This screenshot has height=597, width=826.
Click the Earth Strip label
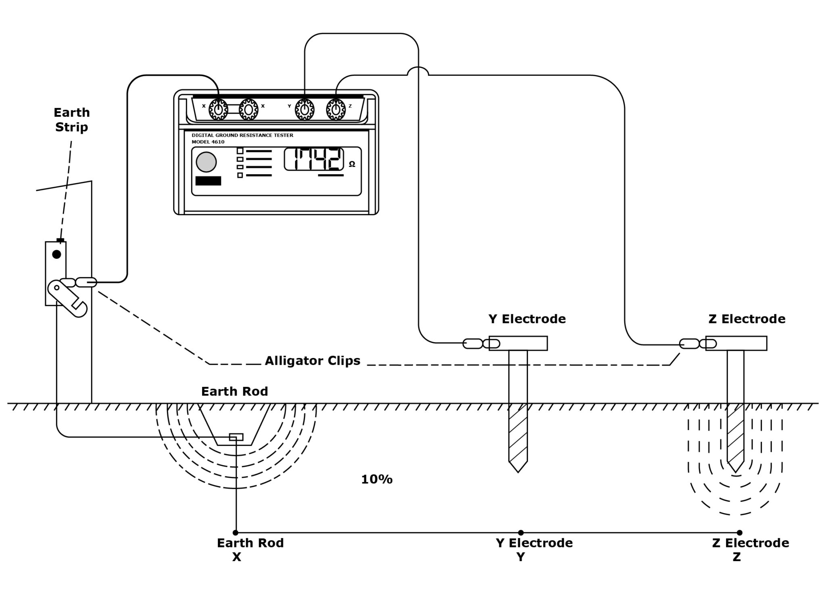click(x=72, y=120)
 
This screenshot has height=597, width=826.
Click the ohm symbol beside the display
click(x=352, y=164)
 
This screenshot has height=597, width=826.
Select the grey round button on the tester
click(x=206, y=162)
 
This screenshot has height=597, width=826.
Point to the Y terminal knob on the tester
click(x=305, y=109)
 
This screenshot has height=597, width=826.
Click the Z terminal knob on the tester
click(x=336, y=109)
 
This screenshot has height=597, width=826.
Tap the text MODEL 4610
click(x=208, y=142)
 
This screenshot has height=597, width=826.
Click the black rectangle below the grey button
click(x=208, y=181)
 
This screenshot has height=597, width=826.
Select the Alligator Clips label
click(x=312, y=360)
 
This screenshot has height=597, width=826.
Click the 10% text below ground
click(x=377, y=479)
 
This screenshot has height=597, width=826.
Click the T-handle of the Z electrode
click(x=736, y=343)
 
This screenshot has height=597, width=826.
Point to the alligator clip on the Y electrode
click(x=482, y=344)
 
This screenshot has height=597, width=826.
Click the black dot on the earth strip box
click(x=56, y=254)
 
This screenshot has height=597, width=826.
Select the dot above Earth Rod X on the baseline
click(x=236, y=533)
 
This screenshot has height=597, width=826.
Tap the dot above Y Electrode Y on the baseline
click(x=521, y=533)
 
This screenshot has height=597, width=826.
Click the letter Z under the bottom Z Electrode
click(x=736, y=557)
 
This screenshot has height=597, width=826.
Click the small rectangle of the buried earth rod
click(x=236, y=437)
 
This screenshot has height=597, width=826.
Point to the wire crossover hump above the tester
click(x=418, y=71)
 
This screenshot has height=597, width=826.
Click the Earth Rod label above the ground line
click(x=234, y=391)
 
